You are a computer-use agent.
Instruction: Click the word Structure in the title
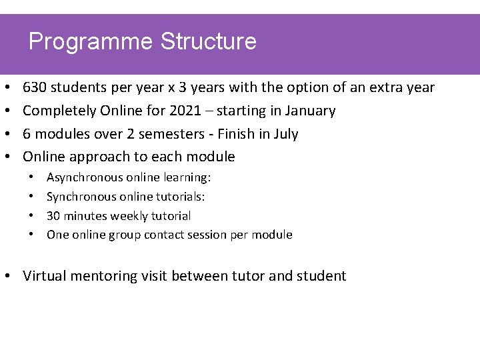208,41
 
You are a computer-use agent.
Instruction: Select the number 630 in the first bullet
35,87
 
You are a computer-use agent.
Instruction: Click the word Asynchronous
85,178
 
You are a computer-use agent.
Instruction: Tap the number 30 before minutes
53,216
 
